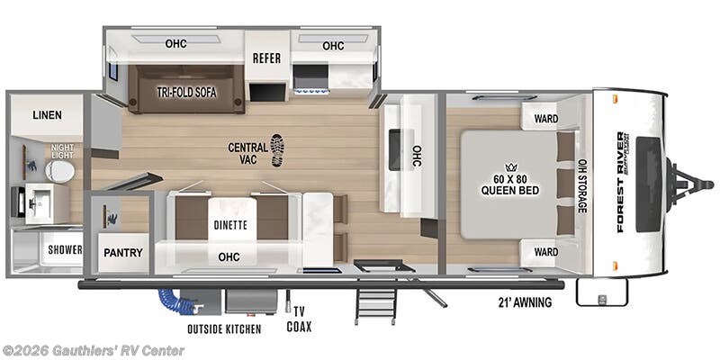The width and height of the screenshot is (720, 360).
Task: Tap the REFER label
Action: [266, 58]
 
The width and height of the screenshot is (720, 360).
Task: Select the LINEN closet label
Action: [47, 115]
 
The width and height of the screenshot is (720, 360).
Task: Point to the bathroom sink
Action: [40, 203]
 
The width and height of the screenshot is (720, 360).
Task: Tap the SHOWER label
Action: [64, 248]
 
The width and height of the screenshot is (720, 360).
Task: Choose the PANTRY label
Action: [123, 253]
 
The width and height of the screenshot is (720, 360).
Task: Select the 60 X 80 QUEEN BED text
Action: [509, 183]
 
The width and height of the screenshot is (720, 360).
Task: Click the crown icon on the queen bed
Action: [509, 166]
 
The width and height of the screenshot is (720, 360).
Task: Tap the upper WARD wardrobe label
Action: [545, 118]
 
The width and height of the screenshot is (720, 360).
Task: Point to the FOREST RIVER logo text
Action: [621, 182]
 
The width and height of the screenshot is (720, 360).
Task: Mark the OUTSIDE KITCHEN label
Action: [224, 328]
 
